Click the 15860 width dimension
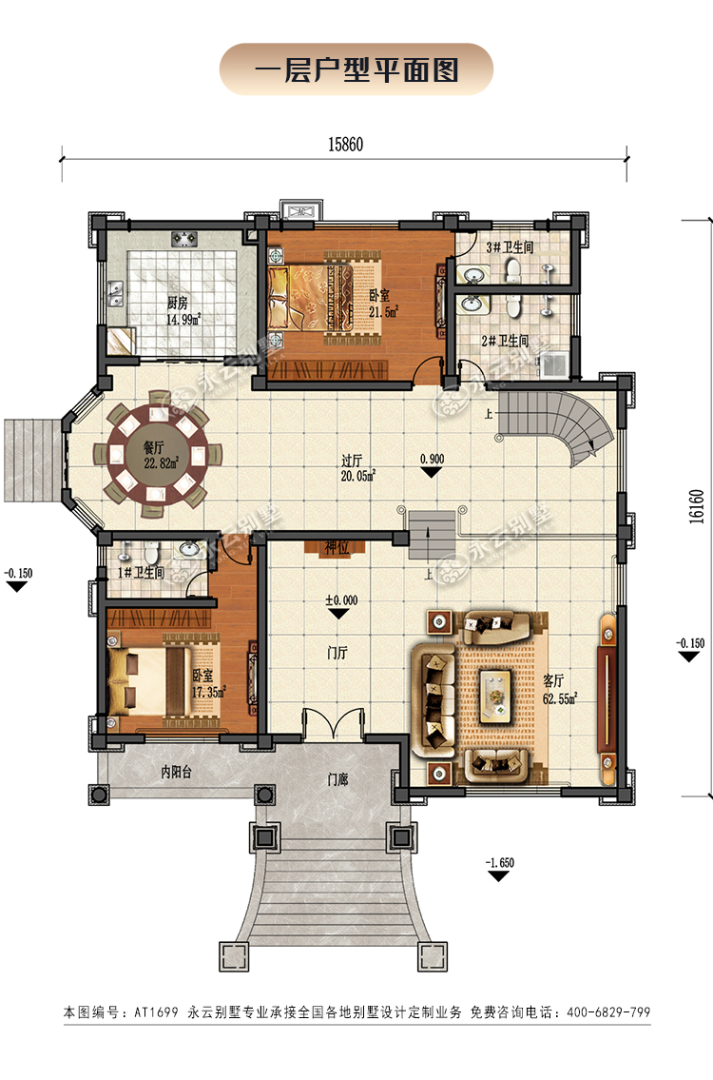(x=345, y=145)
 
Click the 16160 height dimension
(x=697, y=507)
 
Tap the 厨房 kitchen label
(x=178, y=303)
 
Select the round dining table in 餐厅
(x=159, y=454)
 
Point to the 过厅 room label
(x=352, y=460)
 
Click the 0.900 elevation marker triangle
(x=432, y=473)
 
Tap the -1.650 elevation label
(x=500, y=862)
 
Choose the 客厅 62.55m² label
(x=560, y=690)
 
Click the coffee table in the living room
(x=494, y=695)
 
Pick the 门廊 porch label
(x=337, y=779)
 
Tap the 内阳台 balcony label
(x=176, y=772)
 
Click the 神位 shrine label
(x=337, y=547)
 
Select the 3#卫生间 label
(x=510, y=246)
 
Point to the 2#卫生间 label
(x=505, y=341)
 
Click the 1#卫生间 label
(x=141, y=573)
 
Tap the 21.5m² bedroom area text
(x=383, y=311)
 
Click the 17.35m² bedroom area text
(x=208, y=692)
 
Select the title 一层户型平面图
(x=356, y=69)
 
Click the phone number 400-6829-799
(x=607, y=1011)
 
